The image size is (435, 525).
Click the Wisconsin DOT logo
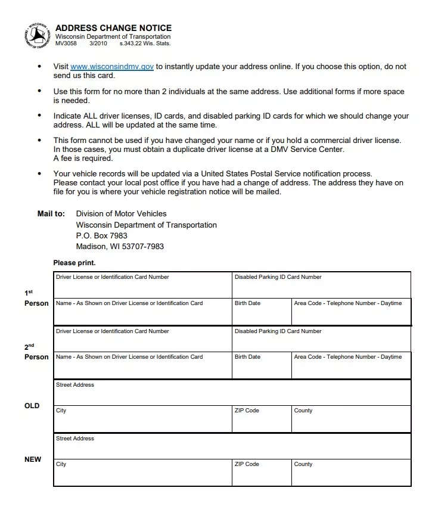pos(37,36)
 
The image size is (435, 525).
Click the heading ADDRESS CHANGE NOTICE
pos(113,28)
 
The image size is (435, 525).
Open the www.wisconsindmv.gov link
pos(112,67)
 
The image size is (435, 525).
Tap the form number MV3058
pos(66,44)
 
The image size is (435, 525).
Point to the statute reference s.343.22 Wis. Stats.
pos(145,44)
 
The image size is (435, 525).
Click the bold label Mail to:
pos(51,214)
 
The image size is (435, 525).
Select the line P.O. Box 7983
pos(101,236)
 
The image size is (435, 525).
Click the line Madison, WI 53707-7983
pos(120,247)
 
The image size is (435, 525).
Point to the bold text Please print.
pos(74,263)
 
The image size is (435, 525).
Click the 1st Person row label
pos(36,299)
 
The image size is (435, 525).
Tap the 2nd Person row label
pos(36,352)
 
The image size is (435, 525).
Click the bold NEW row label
pos(33,459)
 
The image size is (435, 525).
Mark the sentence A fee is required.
pos(83,159)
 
